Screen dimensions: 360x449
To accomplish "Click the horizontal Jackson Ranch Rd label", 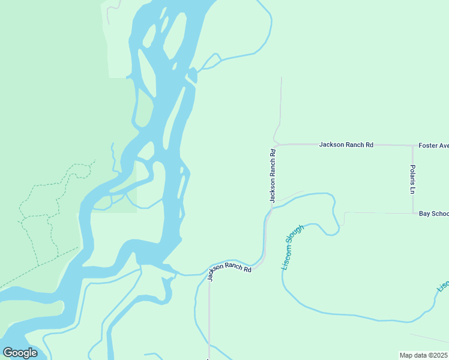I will (346, 145).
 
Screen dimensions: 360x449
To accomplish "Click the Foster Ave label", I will (433, 145).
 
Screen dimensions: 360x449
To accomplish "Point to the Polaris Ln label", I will (413, 179).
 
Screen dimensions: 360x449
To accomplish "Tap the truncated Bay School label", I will (433, 214).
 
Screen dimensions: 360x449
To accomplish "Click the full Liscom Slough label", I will (293, 247).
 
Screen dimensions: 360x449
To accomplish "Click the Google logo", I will (20, 352).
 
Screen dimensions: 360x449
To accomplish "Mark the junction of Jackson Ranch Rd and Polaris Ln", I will (412, 145).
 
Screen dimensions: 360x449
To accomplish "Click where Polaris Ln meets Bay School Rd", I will (412, 213).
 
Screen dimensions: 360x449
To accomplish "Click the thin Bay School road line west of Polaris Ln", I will (378, 212).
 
